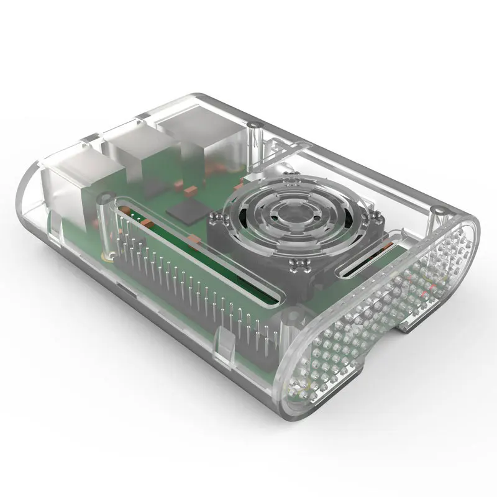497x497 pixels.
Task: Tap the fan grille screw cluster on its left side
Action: (x=218, y=218)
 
